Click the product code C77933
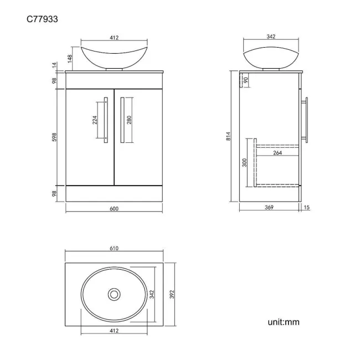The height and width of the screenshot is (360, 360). (x=42, y=19)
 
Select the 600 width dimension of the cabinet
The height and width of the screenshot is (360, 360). (x=114, y=208)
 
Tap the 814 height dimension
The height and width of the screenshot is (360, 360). (x=228, y=136)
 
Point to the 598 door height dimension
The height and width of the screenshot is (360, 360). (x=54, y=137)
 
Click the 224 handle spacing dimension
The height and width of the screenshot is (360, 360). (x=95, y=120)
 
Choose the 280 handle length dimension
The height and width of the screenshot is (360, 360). (x=129, y=120)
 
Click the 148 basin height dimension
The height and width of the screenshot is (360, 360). (x=70, y=59)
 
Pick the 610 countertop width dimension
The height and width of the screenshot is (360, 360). (x=114, y=248)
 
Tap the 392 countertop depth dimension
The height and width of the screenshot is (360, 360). (x=172, y=294)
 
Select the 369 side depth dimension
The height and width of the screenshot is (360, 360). (x=269, y=207)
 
